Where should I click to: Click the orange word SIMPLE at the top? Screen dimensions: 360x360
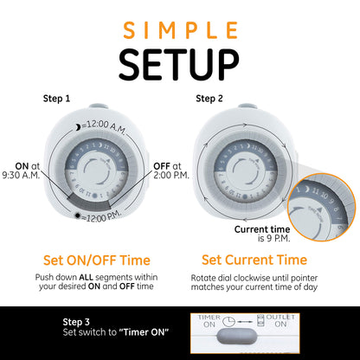(x=180, y=30)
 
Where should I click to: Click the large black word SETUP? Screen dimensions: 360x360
(x=180, y=65)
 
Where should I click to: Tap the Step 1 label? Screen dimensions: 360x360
(x=57, y=99)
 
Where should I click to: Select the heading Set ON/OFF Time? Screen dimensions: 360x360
(x=97, y=260)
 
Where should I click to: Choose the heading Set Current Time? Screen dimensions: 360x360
(x=254, y=260)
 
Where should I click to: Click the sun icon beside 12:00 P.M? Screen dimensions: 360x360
(x=79, y=216)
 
